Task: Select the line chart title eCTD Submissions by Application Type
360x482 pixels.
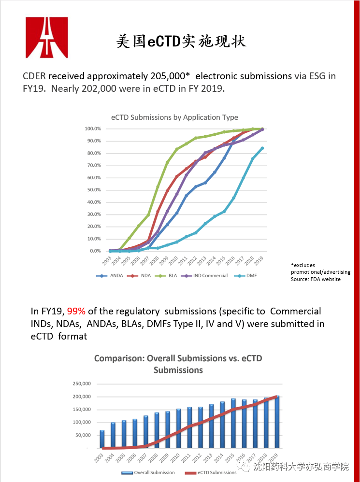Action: pos(174,117)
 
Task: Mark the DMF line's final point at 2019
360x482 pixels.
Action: pos(262,148)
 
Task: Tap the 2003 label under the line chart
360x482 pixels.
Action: pos(107,261)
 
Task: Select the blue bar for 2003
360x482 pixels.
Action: pos(102,439)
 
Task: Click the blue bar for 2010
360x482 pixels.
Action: pos(179,428)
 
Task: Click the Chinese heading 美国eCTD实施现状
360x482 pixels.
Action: pos(181,41)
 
